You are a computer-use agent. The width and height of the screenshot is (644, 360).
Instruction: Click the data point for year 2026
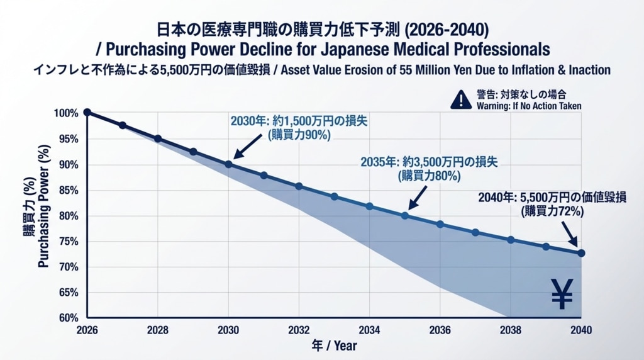tap(87, 113)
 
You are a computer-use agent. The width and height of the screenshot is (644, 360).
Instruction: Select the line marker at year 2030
tap(228, 164)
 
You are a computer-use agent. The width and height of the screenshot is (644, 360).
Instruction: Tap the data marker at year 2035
tap(405, 215)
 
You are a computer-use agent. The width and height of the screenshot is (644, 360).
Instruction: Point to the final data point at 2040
tap(581, 253)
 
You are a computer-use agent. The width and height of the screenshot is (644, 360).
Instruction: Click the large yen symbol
tap(562, 294)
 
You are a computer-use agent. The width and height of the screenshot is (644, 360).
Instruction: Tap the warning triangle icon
tap(461, 99)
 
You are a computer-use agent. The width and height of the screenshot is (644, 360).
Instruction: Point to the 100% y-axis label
tap(66, 113)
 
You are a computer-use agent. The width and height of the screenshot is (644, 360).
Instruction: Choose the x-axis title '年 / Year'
tap(334, 346)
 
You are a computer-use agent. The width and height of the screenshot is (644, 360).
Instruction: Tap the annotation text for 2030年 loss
tap(299, 128)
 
